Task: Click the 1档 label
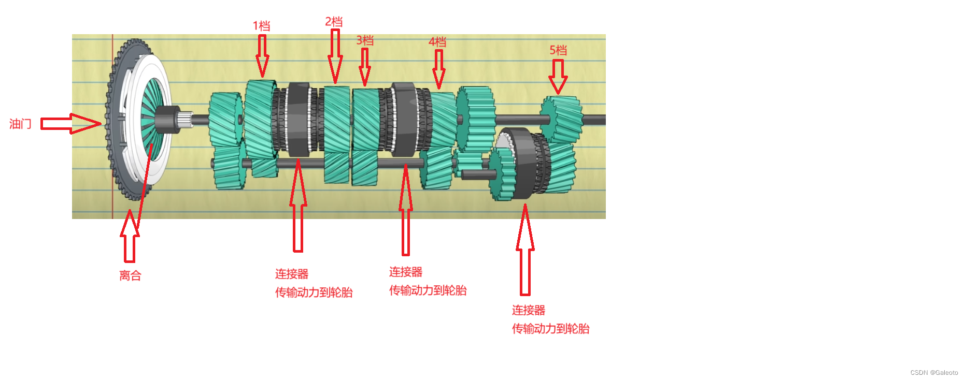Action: point(261,26)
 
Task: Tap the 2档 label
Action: point(334,22)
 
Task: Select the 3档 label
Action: point(365,40)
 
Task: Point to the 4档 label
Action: point(437,42)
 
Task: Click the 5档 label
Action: point(558,50)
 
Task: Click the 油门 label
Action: point(20,124)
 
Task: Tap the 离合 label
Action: point(130,275)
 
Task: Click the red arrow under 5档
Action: point(558,76)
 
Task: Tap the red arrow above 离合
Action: point(130,236)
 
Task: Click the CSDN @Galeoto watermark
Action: point(934,373)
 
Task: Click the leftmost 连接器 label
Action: point(292,274)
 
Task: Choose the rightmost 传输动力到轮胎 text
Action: point(550,329)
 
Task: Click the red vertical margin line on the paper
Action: point(112,207)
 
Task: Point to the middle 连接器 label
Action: point(406,272)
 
